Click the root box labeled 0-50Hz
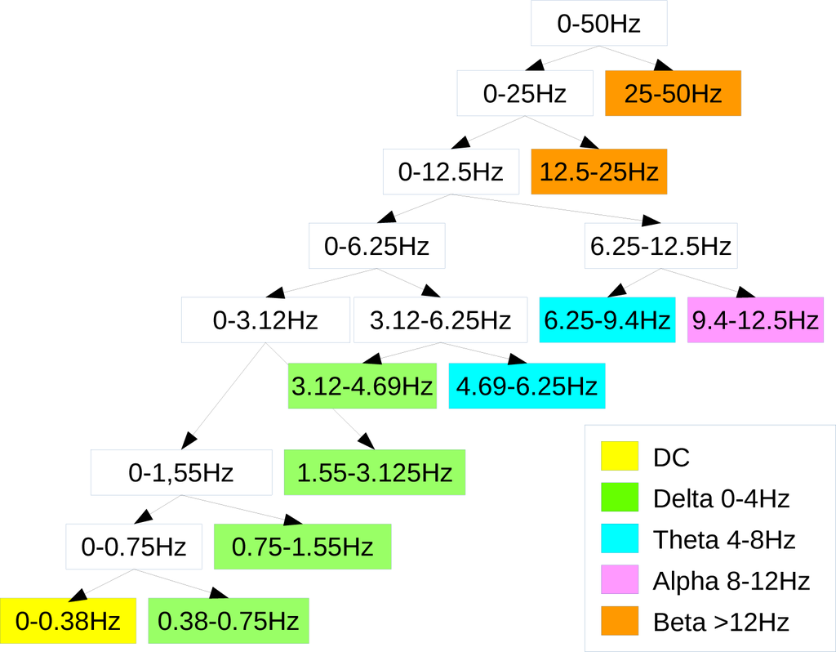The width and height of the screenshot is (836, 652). point(599,23)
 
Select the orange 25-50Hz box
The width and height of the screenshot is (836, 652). point(673,93)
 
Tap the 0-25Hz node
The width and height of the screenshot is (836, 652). point(524,93)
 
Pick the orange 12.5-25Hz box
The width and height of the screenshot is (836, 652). point(599,172)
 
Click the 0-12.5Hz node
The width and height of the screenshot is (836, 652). point(451,172)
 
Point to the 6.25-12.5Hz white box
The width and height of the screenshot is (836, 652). point(660,245)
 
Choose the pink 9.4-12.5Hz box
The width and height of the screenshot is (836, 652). point(755,319)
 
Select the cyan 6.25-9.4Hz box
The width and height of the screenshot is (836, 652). point(607,319)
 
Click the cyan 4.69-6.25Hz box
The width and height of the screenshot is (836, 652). point(527,386)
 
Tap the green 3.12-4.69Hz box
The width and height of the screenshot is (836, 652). point(362,386)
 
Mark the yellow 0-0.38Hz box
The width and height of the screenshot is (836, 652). point(69,621)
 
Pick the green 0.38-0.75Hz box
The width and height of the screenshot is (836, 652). point(229,621)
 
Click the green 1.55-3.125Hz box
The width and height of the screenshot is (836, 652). point(374,472)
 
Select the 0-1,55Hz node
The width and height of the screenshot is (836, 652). point(181,472)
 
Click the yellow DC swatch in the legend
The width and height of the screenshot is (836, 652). point(619,456)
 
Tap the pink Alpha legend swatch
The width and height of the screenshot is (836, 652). point(619,580)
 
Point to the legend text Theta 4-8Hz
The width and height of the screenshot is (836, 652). point(724,539)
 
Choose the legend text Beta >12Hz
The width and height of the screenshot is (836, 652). point(721,623)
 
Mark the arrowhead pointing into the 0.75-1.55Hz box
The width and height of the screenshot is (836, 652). point(293,520)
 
